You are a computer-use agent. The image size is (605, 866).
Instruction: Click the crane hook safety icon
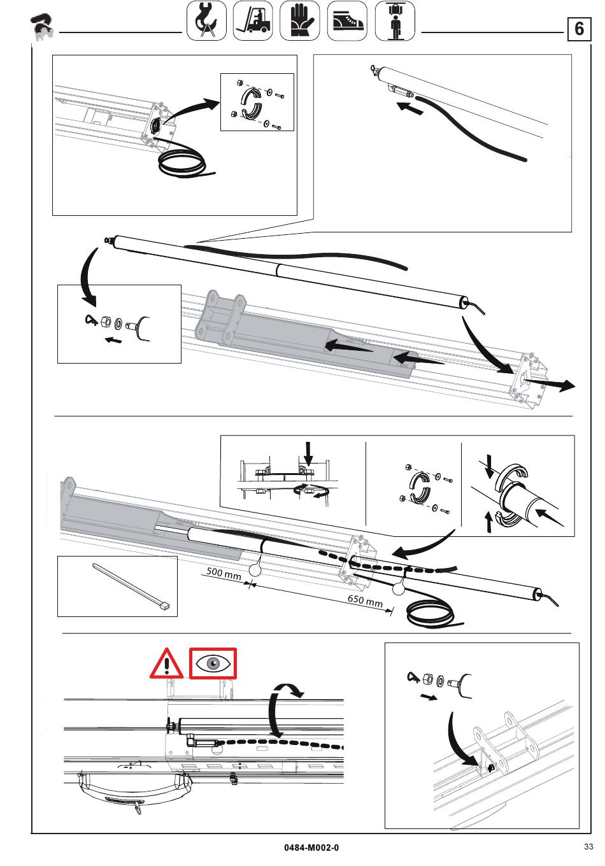pos(206,20)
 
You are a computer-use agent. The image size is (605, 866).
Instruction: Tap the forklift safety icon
pos(253,20)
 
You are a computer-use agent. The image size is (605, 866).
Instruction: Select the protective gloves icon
pos(299,20)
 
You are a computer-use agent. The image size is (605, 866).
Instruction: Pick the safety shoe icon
pos(347,20)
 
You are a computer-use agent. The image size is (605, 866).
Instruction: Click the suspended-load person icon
pos(395,20)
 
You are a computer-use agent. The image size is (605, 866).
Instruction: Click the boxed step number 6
pos(579,29)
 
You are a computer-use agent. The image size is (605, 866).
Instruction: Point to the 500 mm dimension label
pos(224,573)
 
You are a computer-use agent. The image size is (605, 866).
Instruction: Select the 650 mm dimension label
pos(365,601)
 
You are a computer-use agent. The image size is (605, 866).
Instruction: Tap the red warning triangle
pos(167,664)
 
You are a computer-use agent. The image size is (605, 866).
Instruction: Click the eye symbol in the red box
pos(213,664)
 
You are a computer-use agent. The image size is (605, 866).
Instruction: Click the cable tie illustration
pos(131,587)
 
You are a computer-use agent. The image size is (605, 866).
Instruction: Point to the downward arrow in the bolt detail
pos(308,454)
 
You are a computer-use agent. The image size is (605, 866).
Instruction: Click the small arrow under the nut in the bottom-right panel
pos(429,697)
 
